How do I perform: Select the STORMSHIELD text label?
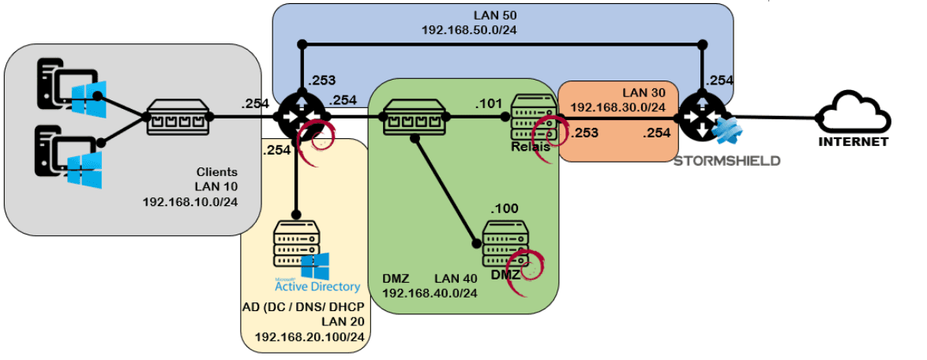click(726, 161)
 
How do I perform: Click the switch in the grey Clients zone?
click(178, 119)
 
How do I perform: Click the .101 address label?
click(487, 102)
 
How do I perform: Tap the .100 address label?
click(504, 208)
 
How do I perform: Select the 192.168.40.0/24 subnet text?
click(430, 293)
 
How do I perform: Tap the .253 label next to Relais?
click(584, 133)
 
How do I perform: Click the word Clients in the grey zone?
click(216, 171)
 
